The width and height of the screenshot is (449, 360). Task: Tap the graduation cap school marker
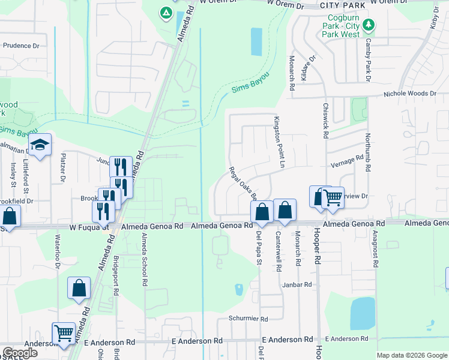click(x=40, y=145)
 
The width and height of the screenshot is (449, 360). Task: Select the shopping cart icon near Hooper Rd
click(x=333, y=197)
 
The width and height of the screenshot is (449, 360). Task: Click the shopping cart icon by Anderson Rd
click(x=64, y=334)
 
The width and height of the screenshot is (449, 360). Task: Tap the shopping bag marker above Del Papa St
click(x=262, y=211)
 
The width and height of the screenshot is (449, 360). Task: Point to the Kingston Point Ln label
click(x=279, y=142)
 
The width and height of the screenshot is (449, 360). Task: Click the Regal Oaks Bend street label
click(x=243, y=183)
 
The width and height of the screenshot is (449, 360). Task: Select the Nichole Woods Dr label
click(x=411, y=94)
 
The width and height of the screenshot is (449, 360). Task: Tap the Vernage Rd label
click(x=347, y=160)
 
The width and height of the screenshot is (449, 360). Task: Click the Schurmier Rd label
click(x=247, y=318)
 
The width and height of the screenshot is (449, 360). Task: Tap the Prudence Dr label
click(x=21, y=46)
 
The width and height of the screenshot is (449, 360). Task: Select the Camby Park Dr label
click(x=367, y=59)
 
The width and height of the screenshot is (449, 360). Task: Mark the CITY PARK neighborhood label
click(x=343, y=5)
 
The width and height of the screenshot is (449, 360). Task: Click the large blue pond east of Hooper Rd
click(x=362, y=314)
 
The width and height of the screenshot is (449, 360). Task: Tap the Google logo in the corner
click(x=20, y=353)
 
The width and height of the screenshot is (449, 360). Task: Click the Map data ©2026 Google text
click(x=412, y=355)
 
